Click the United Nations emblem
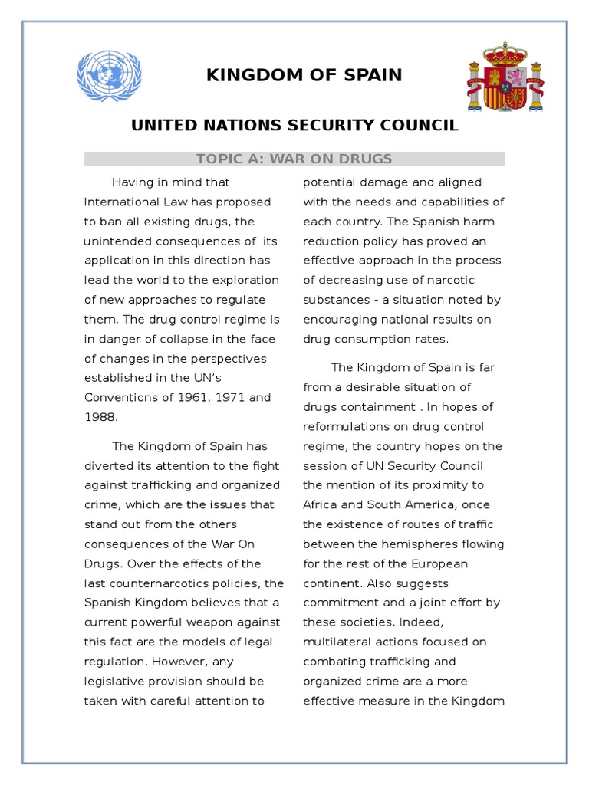click(x=110, y=75)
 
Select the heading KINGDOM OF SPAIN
click(x=304, y=75)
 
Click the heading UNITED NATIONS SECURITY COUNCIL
click(x=294, y=125)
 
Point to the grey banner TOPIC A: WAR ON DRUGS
click(x=294, y=159)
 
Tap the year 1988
click(x=99, y=417)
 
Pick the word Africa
click(x=321, y=504)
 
